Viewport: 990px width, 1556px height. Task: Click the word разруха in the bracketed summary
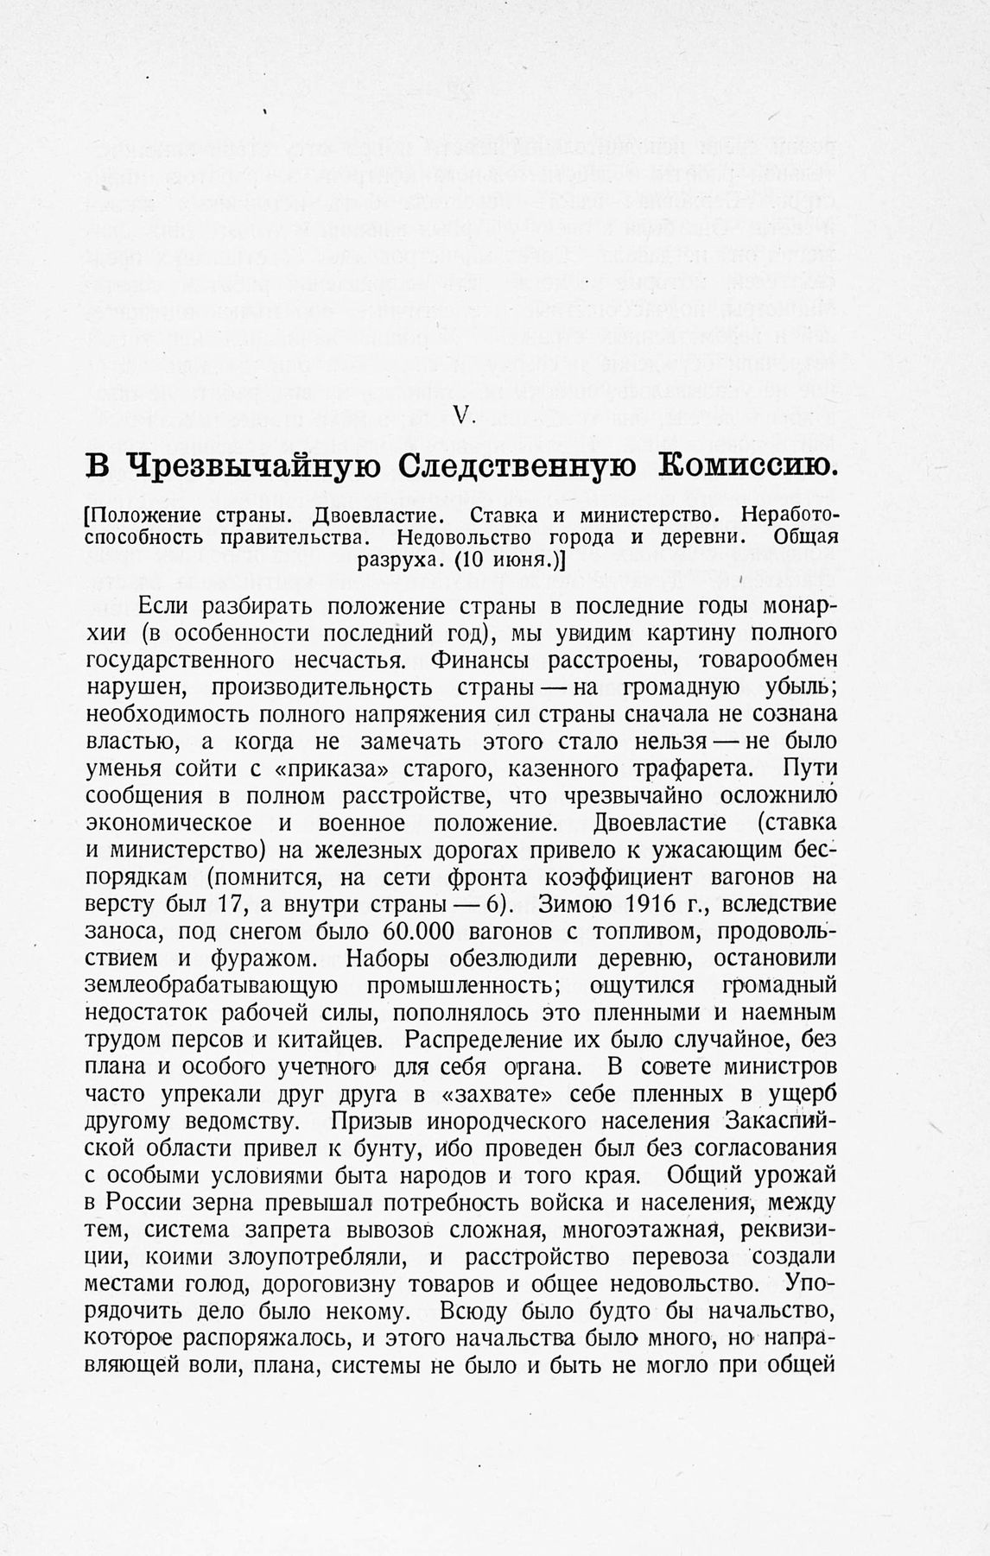click(x=400, y=559)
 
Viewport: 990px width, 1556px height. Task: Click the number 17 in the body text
click(x=257, y=905)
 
